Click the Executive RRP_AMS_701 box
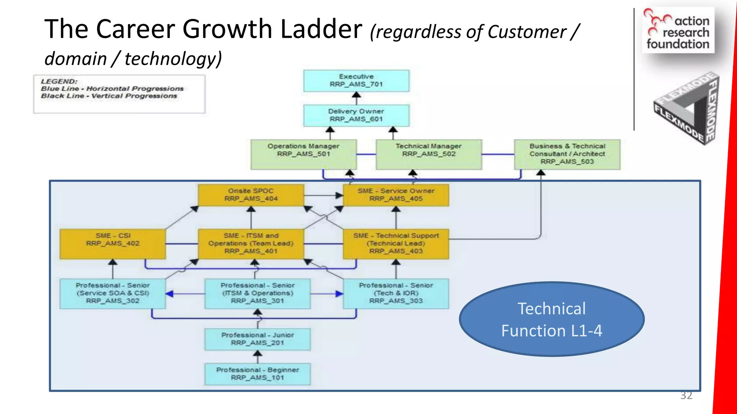tap(356, 80)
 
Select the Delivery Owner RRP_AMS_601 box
tap(356, 115)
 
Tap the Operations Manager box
tap(303, 154)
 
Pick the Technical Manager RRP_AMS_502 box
tap(429, 154)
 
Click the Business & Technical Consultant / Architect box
tap(567, 154)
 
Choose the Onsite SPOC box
tap(251, 195)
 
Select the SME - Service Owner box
tap(396, 195)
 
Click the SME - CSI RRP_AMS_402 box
tap(113, 244)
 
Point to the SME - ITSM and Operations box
tap(251, 244)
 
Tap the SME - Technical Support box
tap(396, 244)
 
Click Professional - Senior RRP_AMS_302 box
tap(113, 293)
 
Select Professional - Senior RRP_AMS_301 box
tap(257, 293)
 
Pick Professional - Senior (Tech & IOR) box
tap(396, 293)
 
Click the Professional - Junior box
tap(257, 339)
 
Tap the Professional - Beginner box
tap(257, 374)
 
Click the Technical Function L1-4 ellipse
tap(551, 319)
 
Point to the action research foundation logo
tap(678, 31)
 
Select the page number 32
tap(686, 395)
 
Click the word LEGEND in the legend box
tap(59, 82)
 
